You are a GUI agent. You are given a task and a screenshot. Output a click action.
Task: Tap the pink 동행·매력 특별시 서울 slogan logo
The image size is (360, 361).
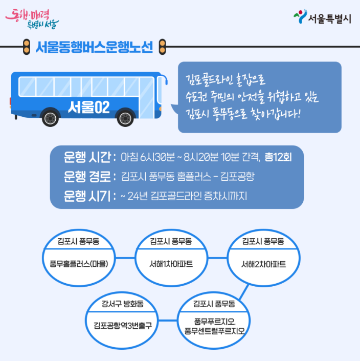[32, 17]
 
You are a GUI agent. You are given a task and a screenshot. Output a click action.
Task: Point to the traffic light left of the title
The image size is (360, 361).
[26, 48]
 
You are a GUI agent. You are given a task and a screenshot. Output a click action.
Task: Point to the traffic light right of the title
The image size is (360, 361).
[163, 48]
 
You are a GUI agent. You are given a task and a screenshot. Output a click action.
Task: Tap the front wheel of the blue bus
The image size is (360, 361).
[125, 118]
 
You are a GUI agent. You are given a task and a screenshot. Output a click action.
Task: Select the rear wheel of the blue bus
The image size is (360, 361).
[50, 118]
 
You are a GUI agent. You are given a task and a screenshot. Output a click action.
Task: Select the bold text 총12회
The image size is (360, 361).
[278, 156]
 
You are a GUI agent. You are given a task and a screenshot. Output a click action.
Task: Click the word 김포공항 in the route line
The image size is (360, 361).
[239, 177]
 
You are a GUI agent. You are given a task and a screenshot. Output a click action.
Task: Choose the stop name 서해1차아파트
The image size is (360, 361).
[171, 264]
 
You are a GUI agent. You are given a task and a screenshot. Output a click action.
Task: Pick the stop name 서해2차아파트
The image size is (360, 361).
[263, 264]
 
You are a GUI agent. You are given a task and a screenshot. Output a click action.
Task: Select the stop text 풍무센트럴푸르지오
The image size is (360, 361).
[214, 331]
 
